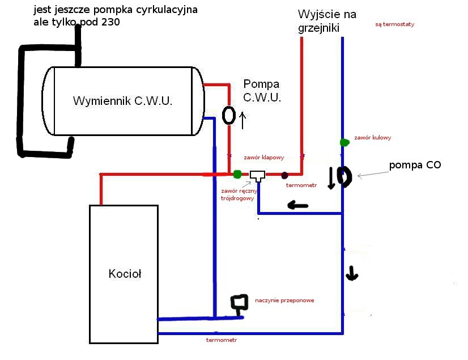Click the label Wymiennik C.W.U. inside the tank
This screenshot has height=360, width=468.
pos(122,101)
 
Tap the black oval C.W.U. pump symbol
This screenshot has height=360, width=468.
pos(229,115)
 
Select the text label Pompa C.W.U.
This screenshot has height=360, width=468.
pos(262,91)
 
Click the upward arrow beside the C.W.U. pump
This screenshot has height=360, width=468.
pos(243,120)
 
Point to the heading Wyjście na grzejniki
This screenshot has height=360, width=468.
pos(327,21)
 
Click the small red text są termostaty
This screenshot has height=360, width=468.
pos(395,24)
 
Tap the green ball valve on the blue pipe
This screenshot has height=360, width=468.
pos(343,142)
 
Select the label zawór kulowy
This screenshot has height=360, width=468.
pos(372,137)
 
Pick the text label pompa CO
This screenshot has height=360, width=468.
pos(415,165)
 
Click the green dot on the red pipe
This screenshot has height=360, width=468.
pos(237,173)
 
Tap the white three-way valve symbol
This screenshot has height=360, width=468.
pos(258,176)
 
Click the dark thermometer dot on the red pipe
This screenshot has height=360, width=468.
pos(285,175)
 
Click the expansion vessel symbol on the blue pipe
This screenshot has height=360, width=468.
pos(239,303)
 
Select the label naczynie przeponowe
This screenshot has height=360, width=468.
pos(284,300)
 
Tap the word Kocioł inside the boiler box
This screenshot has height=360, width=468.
pos(125,274)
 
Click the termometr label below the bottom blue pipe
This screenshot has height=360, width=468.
pos(221,340)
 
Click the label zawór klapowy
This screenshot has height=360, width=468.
pos(263,157)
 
